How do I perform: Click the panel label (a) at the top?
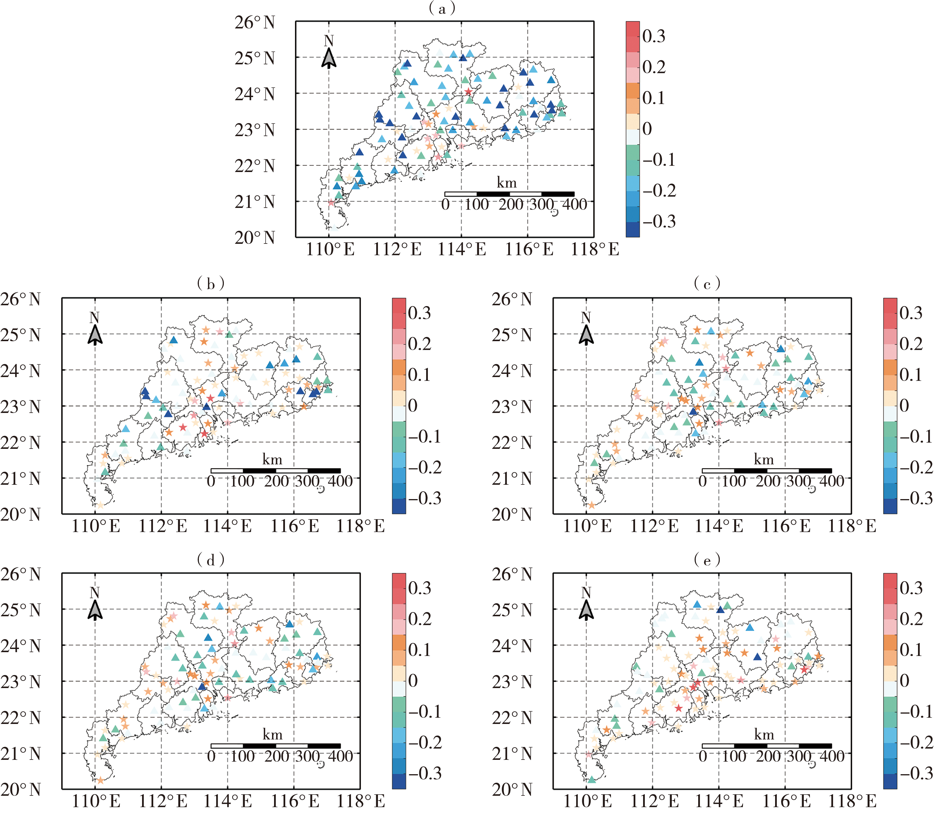[x=442, y=9]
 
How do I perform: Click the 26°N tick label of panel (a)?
[x=255, y=22]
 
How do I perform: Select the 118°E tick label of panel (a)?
[x=595, y=250]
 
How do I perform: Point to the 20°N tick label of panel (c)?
[x=512, y=515]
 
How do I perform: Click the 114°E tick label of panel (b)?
[x=228, y=526]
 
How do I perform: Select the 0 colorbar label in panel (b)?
[x=413, y=405]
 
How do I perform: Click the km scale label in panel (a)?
[x=506, y=183]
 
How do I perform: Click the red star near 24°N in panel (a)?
[x=468, y=92]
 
